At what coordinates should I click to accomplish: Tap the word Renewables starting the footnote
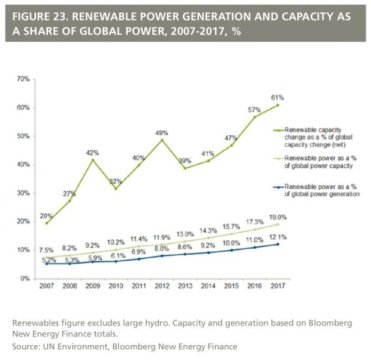coord(36,322)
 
